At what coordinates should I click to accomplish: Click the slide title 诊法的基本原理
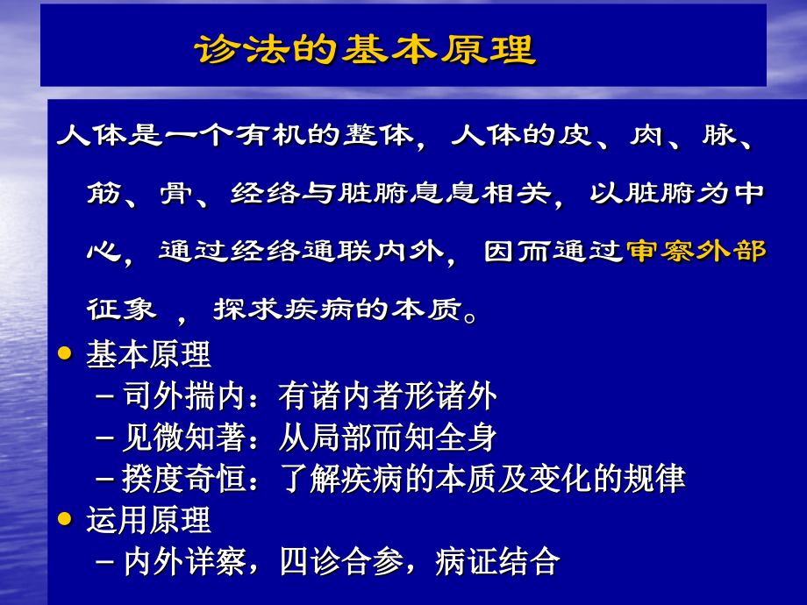[364, 49]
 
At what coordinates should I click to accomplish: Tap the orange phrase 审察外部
[696, 252]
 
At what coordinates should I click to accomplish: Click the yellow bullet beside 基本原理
[63, 352]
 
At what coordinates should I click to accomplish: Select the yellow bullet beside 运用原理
[63, 519]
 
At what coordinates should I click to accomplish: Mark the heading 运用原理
[148, 520]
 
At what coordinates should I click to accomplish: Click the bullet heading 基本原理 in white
[148, 354]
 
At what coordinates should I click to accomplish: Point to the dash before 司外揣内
[105, 397]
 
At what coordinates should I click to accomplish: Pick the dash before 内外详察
[105, 562]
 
